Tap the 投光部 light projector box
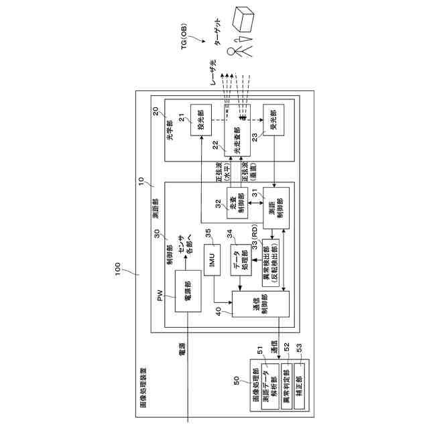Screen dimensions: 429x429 (x=200, y=121)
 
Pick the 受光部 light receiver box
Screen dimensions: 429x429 (x=272, y=121)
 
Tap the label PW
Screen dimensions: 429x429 (x=160, y=296)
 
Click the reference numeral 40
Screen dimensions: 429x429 (x=218, y=310)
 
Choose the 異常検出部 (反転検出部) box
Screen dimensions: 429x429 (x=271, y=263)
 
